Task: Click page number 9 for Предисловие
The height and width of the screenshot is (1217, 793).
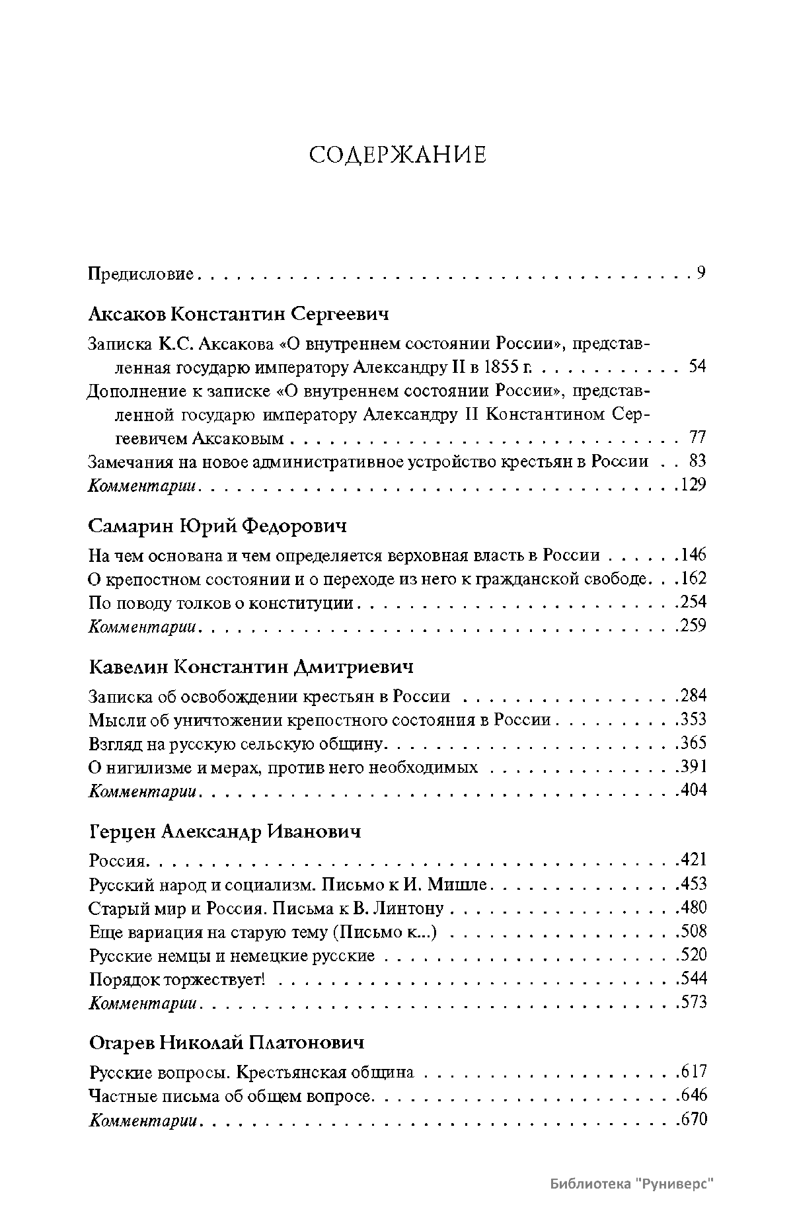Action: tap(701, 273)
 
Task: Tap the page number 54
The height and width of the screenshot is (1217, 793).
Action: tap(697, 366)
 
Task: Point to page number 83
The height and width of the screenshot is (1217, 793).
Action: tap(697, 461)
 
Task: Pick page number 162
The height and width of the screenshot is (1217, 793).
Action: tap(694, 579)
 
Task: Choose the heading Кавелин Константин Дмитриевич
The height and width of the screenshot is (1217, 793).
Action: tap(250, 666)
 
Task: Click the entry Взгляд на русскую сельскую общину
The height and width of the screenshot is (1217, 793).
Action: tap(236, 744)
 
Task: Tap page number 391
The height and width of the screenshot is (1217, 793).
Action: tap(694, 767)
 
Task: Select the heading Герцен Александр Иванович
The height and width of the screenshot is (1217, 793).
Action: tap(225, 831)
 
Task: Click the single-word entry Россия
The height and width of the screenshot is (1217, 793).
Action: tap(116, 861)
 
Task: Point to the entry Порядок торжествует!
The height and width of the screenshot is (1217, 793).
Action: tap(176, 979)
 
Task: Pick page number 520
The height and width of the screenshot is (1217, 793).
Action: tap(694, 955)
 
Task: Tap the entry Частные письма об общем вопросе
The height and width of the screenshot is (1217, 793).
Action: tap(231, 1096)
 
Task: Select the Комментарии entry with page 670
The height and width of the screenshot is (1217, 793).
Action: tap(143, 1120)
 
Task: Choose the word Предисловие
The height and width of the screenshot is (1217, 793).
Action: tap(141, 274)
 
